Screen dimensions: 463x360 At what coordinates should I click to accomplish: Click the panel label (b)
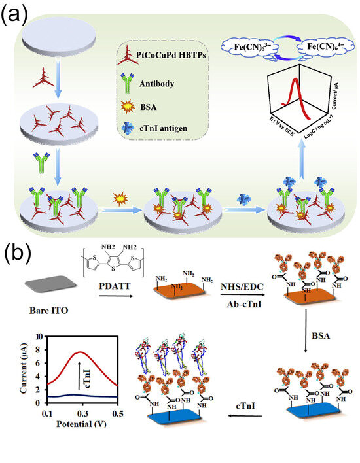pyautogui.click(x=15, y=254)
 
